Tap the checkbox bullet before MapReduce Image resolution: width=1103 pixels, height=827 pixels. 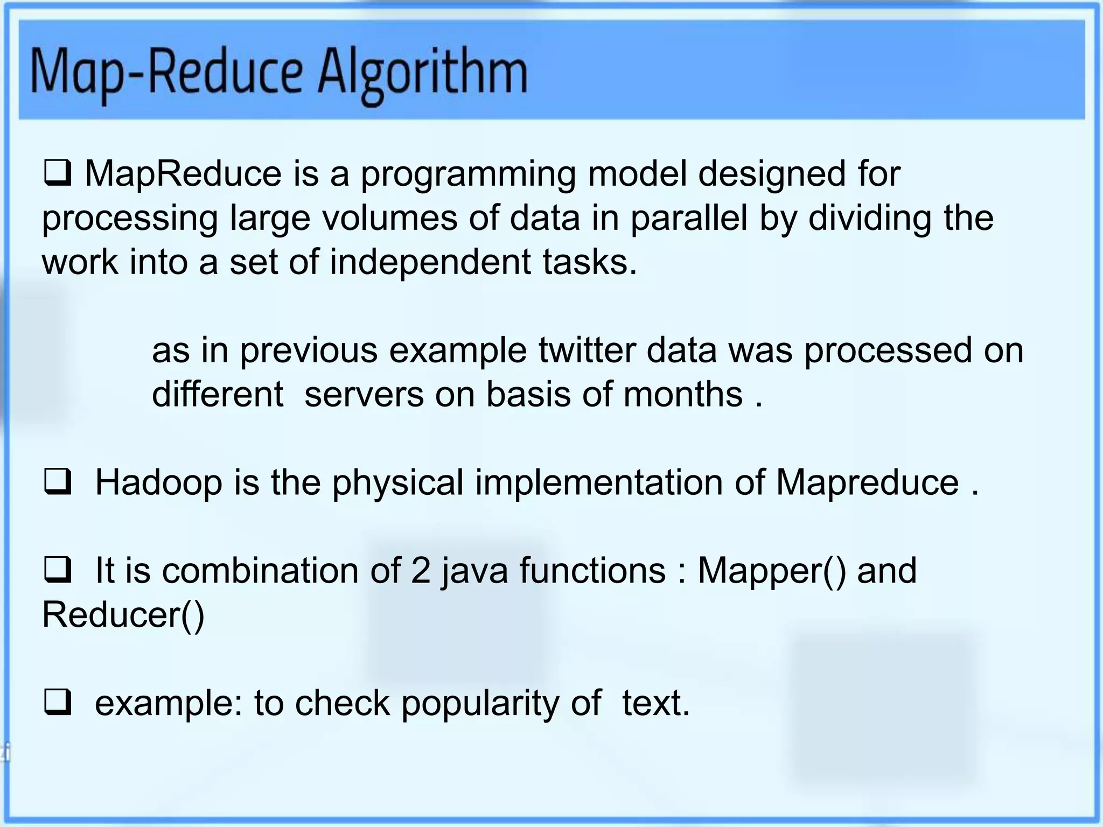point(57,174)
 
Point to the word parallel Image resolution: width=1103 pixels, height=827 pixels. point(689,219)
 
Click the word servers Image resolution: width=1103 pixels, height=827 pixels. point(364,394)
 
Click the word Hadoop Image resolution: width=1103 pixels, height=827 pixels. point(158,482)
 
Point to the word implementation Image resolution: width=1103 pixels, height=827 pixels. point(599,482)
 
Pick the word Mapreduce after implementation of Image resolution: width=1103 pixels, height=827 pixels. point(867,482)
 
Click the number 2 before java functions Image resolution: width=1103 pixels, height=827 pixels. point(421,570)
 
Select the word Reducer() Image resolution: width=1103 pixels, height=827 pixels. point(123,614)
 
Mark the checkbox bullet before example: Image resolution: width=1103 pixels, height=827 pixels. point(57,703)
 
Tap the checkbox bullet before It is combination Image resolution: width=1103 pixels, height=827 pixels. point(57,571)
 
